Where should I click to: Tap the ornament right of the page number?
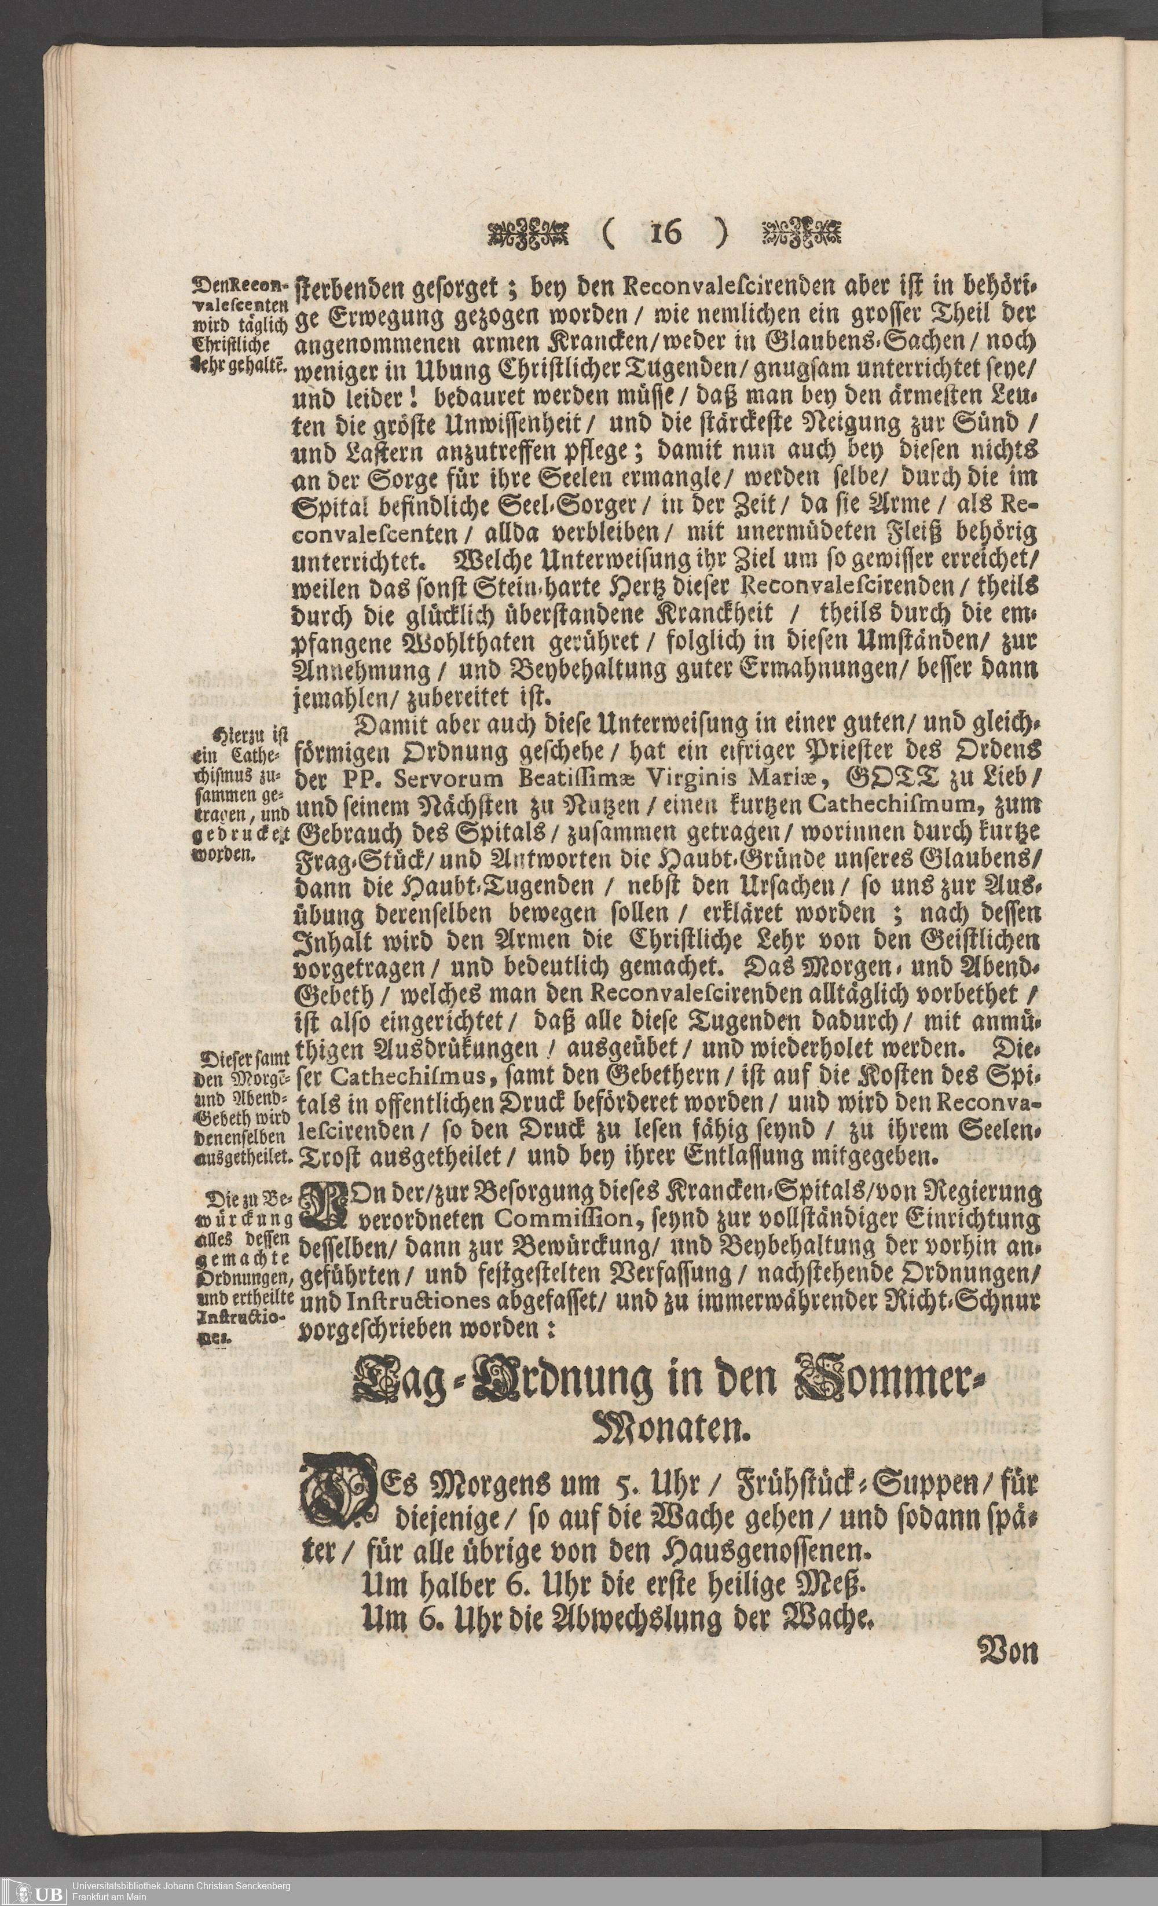(x=801, y=232)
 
